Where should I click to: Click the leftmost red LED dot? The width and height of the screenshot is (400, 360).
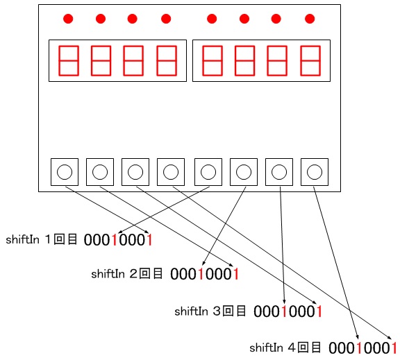(x=68, y=19)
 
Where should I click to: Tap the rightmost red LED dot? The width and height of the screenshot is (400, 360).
(x=310, y=19)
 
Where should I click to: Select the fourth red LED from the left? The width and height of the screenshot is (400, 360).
(x=166, y=19)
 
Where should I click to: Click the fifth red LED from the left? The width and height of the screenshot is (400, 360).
(x=212, y=19)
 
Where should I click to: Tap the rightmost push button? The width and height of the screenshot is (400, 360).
(x=315, y=172)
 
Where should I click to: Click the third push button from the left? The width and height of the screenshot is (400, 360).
(x=135, y=172)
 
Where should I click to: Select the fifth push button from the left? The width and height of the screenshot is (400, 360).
(x=208, y=172)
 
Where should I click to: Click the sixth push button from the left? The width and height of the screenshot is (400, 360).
(x=244, y=172)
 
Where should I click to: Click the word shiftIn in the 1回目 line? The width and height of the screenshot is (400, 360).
(x=22, y=239)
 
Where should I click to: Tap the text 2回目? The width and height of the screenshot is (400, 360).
(x=146, y=274)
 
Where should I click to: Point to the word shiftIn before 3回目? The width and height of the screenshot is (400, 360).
(x=191, y=311)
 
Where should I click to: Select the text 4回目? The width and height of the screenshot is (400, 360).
(x=304, y=348)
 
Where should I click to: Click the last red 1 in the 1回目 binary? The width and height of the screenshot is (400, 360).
(x=150, y=240)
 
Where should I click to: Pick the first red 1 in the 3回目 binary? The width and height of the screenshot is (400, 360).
(x=283, y=311)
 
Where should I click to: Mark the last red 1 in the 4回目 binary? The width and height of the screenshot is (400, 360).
(x=394, y=348)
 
